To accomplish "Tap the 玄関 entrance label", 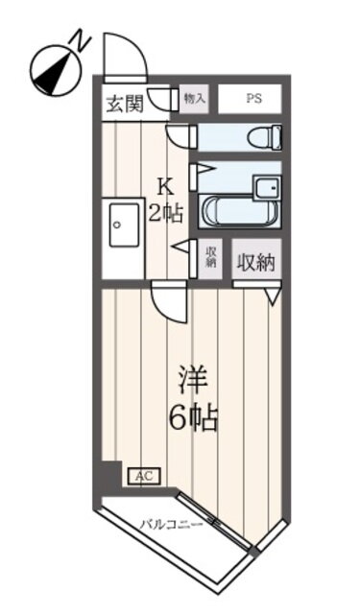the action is tap(126, 105).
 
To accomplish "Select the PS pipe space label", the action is tap(253, 99).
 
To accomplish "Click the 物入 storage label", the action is tap(195, 99).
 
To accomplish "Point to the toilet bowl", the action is tap(265, 137).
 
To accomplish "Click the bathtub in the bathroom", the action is tap(239, 211).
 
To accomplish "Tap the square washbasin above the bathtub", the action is tap(267, 188).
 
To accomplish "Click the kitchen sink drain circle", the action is tap(116, 224).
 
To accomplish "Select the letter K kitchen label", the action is tap(165, 186).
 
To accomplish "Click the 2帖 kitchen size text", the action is tap(165, 214).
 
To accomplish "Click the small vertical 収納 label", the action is tap(211, 257).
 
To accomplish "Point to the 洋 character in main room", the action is tap(192, 379).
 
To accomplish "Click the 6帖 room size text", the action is tap(193, 418).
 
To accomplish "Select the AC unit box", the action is tap(144, 477).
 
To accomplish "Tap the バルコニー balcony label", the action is tap(173, 524).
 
